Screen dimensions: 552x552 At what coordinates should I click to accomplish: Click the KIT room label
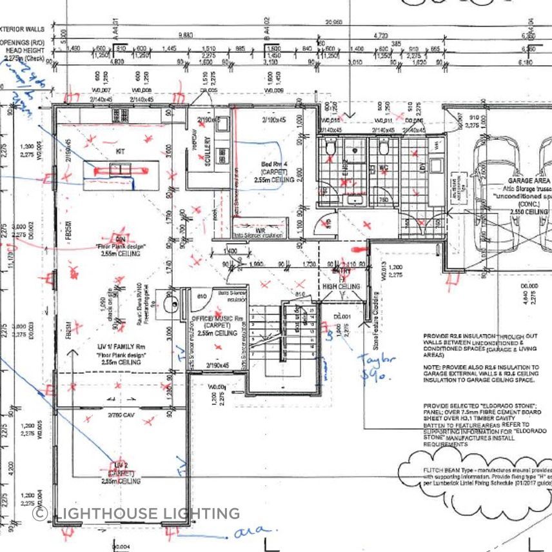pyautogui.click(x=120, y=150)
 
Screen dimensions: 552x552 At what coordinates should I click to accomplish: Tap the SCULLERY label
pyautogui.click(x=208, y=152)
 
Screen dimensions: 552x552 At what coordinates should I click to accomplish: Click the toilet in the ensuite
pyautogui.click(x=331, y=150)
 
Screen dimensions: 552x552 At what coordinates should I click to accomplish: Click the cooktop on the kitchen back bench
pyautogui.click(x=120, y=115)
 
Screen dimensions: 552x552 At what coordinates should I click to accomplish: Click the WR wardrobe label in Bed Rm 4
pyautogui.click(x=261, y=229)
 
